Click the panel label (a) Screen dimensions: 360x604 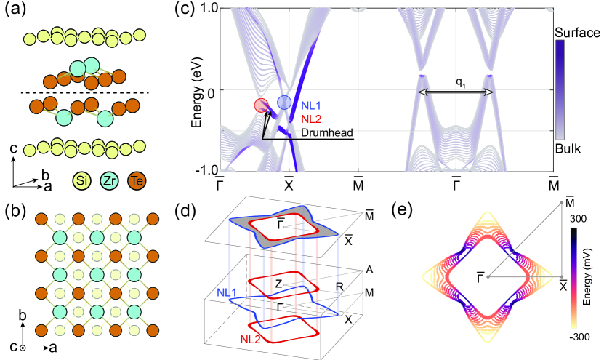pos(17,11)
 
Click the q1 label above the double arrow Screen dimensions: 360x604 pos(459,82)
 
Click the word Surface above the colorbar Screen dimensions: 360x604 pos(576,33)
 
